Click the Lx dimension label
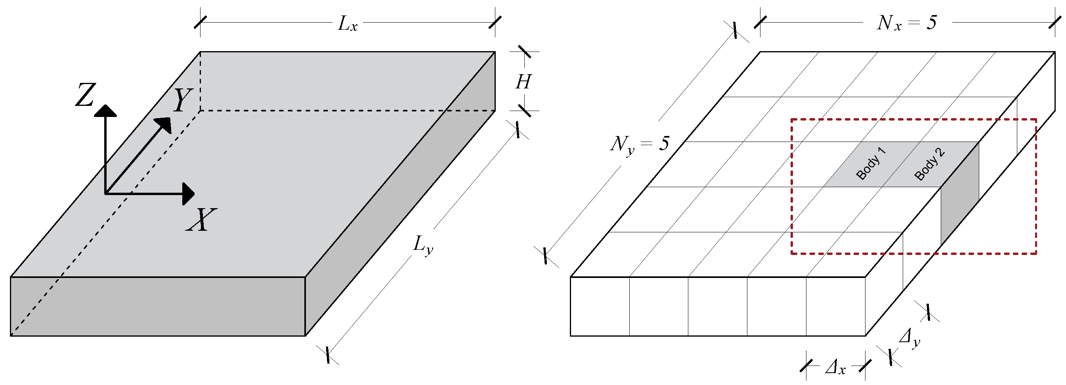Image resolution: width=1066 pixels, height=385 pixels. (x=347, y=24)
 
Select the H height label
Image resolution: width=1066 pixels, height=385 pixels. (x=523, y=82)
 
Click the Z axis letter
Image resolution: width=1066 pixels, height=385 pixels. (x=86, y=95)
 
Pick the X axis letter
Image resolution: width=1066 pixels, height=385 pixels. (x=202, y=220)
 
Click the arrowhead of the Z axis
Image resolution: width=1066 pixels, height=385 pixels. (x=105, y=111)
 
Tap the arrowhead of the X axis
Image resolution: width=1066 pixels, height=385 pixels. (x=189, y=194)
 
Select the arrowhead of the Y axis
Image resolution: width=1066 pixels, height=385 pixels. (x=164, y=124)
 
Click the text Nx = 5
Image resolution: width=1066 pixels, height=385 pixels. (x=906, y=23)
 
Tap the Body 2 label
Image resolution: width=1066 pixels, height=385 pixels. (x=929, y=164)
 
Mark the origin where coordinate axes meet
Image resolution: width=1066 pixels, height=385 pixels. (x=105, y=193)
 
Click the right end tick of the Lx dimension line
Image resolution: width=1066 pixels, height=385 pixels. (x=495, y=22)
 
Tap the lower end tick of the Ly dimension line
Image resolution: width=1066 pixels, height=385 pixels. (x=328, y=355)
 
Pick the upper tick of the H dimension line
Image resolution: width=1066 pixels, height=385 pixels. (x=525, y=52)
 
